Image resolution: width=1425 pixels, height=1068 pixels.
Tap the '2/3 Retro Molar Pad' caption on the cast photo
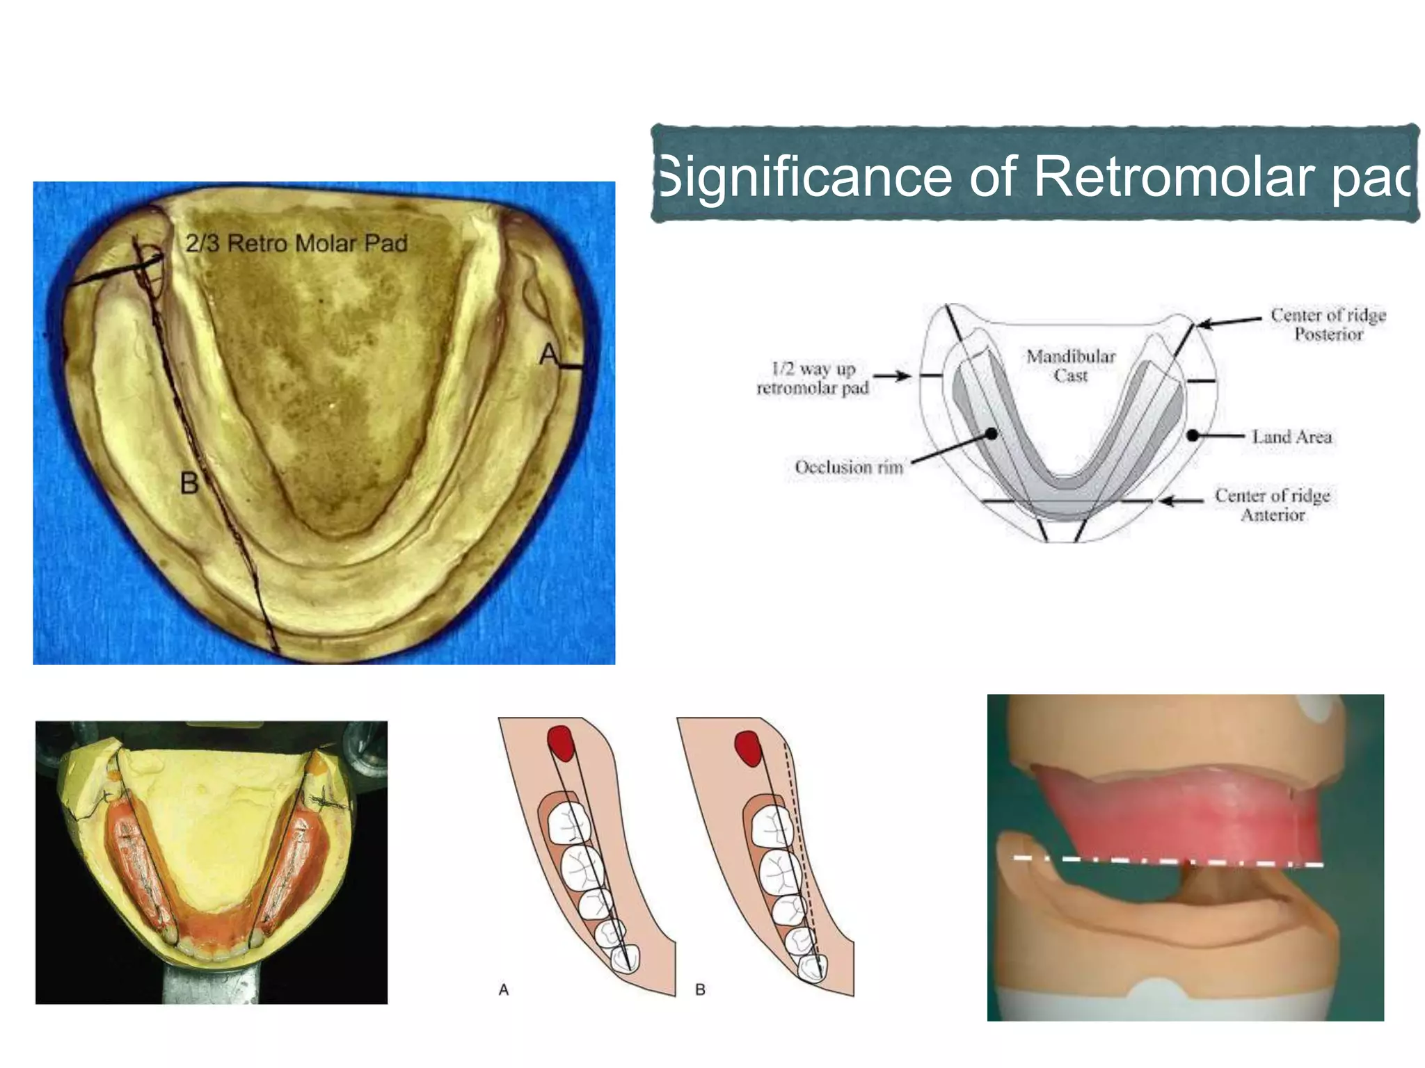[x=296, y=243]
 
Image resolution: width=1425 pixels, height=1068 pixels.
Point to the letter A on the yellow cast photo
[x=549, y=355]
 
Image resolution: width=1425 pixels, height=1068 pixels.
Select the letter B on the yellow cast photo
[x=189, y=483]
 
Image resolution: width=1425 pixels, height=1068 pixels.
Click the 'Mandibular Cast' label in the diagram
[x=1071, y=366]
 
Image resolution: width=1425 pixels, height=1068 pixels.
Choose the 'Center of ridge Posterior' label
[x=1328, y=325]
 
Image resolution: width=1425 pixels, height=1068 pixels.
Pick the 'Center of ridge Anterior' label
[x=1273, y=505]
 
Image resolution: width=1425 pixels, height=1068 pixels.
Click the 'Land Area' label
[x=1292, y=437]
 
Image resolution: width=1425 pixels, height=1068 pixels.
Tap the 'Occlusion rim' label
[x=849, y=467]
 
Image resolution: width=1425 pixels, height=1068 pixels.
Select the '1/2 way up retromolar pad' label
[x=813, y=378]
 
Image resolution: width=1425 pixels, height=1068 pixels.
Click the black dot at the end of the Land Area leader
[x=1193, y=435]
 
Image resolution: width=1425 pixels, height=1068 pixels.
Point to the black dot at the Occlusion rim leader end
[x=992, y=434]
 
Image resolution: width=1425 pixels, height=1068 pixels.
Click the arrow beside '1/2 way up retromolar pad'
[x=892, y=376]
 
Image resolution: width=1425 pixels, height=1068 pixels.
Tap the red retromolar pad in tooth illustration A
[x=561, y=742]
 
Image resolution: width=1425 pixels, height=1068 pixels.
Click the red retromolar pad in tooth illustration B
[x=747, y=748]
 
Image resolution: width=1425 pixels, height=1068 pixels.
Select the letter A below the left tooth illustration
[x=504, y=989]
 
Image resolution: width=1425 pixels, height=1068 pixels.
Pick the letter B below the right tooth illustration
[x=700, y=989]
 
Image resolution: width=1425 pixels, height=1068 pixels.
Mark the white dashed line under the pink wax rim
[x=1169, y=862]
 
